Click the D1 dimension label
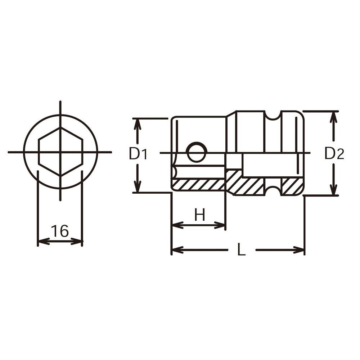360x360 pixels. [x=138, y=154]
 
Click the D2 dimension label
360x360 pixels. [x=334, y=154]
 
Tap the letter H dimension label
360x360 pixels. [x=200, y=215]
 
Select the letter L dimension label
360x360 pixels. [x=241, y=249]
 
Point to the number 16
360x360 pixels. [x=60, y=231]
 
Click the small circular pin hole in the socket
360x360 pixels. [x=197, y=152]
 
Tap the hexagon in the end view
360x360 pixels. [x=60, y=152]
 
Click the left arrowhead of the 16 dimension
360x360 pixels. [x=43, y=241]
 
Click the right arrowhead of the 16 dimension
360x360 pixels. [x=77, y=241]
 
